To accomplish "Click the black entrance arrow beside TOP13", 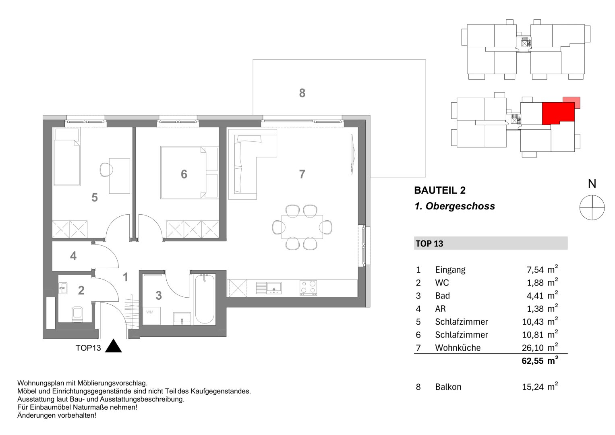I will pos(113,346).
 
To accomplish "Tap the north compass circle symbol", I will pos(592,207).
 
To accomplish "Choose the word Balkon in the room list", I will pos(448,387).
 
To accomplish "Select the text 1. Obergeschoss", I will pos(454,207).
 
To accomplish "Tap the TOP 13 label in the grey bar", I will pos(429,244).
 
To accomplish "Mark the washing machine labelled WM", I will pos(152,315).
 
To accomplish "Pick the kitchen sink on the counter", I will pos(269,288).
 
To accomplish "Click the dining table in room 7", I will pos(302,227).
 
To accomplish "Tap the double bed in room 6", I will pos(183,172).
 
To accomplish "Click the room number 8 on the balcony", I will pos(302,93).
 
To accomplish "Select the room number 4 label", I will pos(73,256).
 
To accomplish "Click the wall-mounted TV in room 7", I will pos(352,155).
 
